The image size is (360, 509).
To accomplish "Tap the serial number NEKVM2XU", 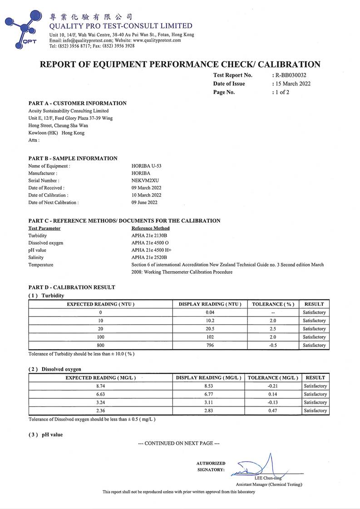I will click(x=143, y=181).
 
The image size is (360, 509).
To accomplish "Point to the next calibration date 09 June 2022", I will click(x=145, y=202).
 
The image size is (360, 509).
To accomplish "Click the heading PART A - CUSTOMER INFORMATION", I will click(x=77, y=103).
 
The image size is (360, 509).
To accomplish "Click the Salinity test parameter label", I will click(x=36, y=257).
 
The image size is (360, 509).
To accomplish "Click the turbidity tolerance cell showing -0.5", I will click(x=273, y=345).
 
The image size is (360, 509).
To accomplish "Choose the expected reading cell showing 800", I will click(x=100, y=345).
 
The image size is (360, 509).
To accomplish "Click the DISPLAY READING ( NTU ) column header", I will click(x=210, y=304).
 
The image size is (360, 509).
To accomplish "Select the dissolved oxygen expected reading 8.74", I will click(x=100, y=386).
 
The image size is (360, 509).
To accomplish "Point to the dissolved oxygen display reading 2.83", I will click(x=208, y=411).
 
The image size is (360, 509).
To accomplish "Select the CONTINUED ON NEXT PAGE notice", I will click(x=180, y=443).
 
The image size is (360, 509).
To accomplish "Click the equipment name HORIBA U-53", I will click(x=146, y=166).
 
